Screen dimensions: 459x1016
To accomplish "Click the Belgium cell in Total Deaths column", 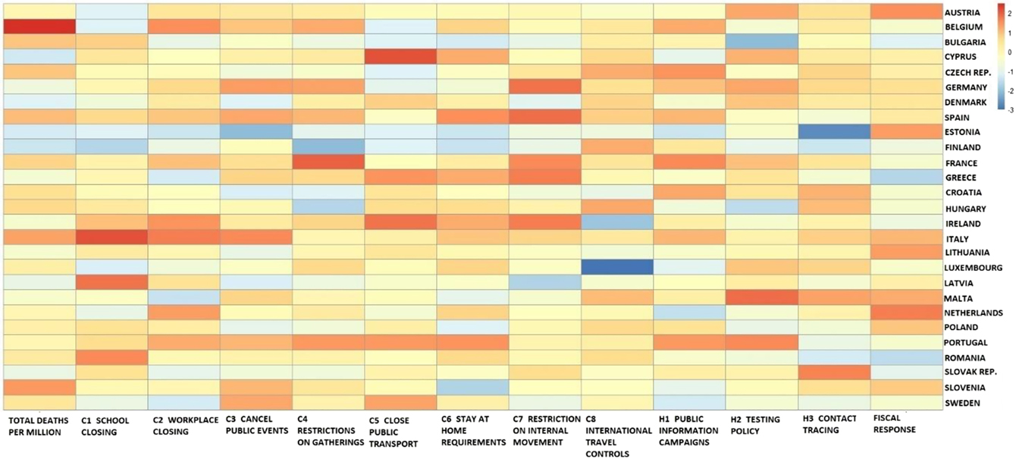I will pos(39,27).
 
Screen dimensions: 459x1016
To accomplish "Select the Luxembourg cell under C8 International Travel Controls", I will pos(617,267).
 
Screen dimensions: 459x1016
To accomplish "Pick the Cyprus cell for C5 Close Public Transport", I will pos(400,57).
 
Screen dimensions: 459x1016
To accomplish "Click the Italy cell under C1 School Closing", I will pos(111,238).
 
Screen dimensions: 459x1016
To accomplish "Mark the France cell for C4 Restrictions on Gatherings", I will pos(328,162).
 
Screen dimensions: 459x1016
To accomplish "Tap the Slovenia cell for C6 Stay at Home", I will pos(472,388).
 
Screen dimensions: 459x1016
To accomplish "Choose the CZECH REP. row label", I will pos(972,72).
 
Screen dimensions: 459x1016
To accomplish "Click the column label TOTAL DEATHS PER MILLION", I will pos(38,426).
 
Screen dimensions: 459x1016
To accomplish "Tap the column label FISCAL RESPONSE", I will pos(895,425).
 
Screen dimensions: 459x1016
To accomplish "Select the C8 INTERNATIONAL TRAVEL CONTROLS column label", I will pos(618,436).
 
